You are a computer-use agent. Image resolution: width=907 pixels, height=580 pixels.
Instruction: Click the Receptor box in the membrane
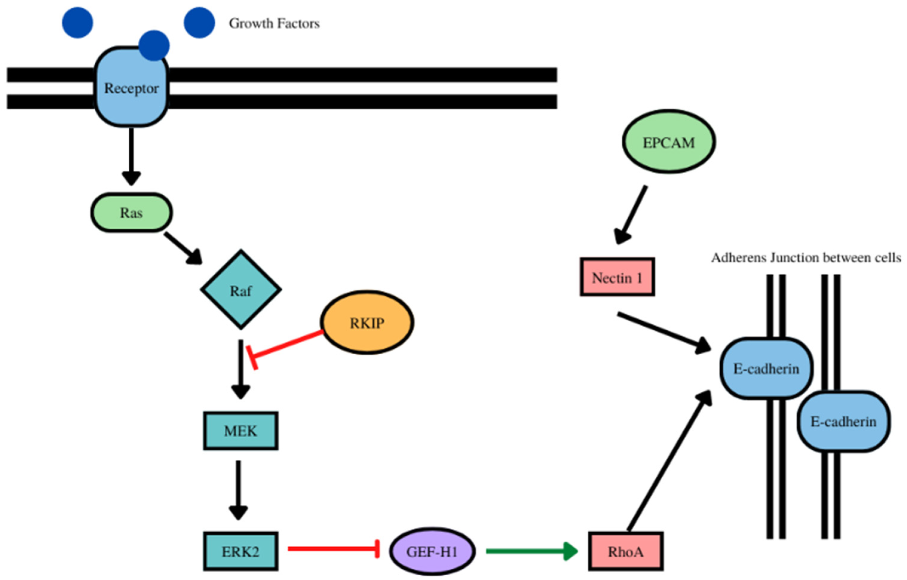tap(131, 88)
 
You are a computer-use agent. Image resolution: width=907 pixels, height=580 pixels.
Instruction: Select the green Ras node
tap(131, 212)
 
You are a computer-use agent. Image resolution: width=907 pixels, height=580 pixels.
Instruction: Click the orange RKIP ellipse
tap(367, 322)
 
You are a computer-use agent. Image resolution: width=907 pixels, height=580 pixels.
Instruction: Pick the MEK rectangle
tap(241, 430)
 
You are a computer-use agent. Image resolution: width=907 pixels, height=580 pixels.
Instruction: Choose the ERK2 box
tap(241, 551)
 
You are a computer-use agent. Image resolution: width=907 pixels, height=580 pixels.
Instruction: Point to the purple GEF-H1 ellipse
tap(432, 551)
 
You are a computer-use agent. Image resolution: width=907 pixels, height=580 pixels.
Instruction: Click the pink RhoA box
tap(626, 551)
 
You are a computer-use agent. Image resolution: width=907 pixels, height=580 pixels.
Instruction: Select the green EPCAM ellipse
tap(669, 142)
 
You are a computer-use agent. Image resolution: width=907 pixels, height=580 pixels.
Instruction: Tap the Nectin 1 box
tap(617, 277)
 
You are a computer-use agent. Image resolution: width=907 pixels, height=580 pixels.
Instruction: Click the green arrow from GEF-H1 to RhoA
tap(532, 551)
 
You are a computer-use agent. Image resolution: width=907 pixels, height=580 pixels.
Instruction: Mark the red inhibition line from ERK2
tap(334, 549)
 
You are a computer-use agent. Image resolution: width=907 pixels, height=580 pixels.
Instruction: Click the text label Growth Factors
tap(274, 23)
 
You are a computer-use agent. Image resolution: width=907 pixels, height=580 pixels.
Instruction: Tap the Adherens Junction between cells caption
tap(806, 258)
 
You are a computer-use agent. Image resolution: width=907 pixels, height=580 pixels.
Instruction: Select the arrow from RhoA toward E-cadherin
tap(669, 460)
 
